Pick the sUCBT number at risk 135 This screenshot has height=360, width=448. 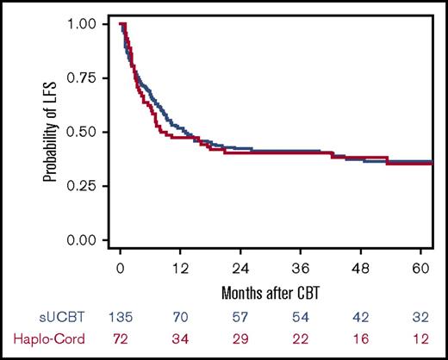121,316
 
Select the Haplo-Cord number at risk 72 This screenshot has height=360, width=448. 121,338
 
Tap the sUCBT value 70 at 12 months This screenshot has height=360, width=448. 179,316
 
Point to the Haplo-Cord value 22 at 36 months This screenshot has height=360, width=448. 298,338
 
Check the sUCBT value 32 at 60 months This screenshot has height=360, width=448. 417,316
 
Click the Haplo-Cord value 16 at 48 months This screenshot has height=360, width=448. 358,338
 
